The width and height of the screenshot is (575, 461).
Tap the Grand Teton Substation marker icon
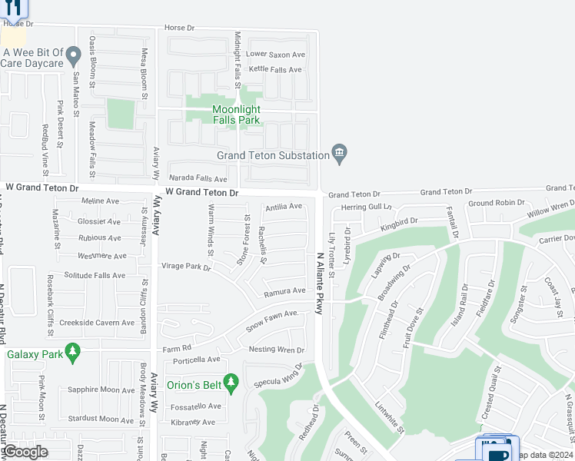[x=339, y=154]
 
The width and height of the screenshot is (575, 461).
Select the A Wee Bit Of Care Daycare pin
[x=73, y=55]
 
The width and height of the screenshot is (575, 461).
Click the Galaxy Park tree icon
[x=73, y=353]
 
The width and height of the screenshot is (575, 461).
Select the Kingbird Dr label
[x=399, y=224]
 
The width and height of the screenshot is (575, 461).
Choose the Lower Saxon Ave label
[x=276, y=55]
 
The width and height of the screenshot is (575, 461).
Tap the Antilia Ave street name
[x=284, y=207]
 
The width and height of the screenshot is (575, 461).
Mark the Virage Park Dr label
[x=186, y=267]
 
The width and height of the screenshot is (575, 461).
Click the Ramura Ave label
[x=284, y=292]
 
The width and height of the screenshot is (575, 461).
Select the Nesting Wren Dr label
[x=277, y=350]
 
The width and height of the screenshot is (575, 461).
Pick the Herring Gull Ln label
[x=366, y=207]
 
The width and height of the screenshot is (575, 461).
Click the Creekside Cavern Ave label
[x=97, y=323]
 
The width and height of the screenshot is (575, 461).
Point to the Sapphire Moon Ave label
[x=101, y=390]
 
